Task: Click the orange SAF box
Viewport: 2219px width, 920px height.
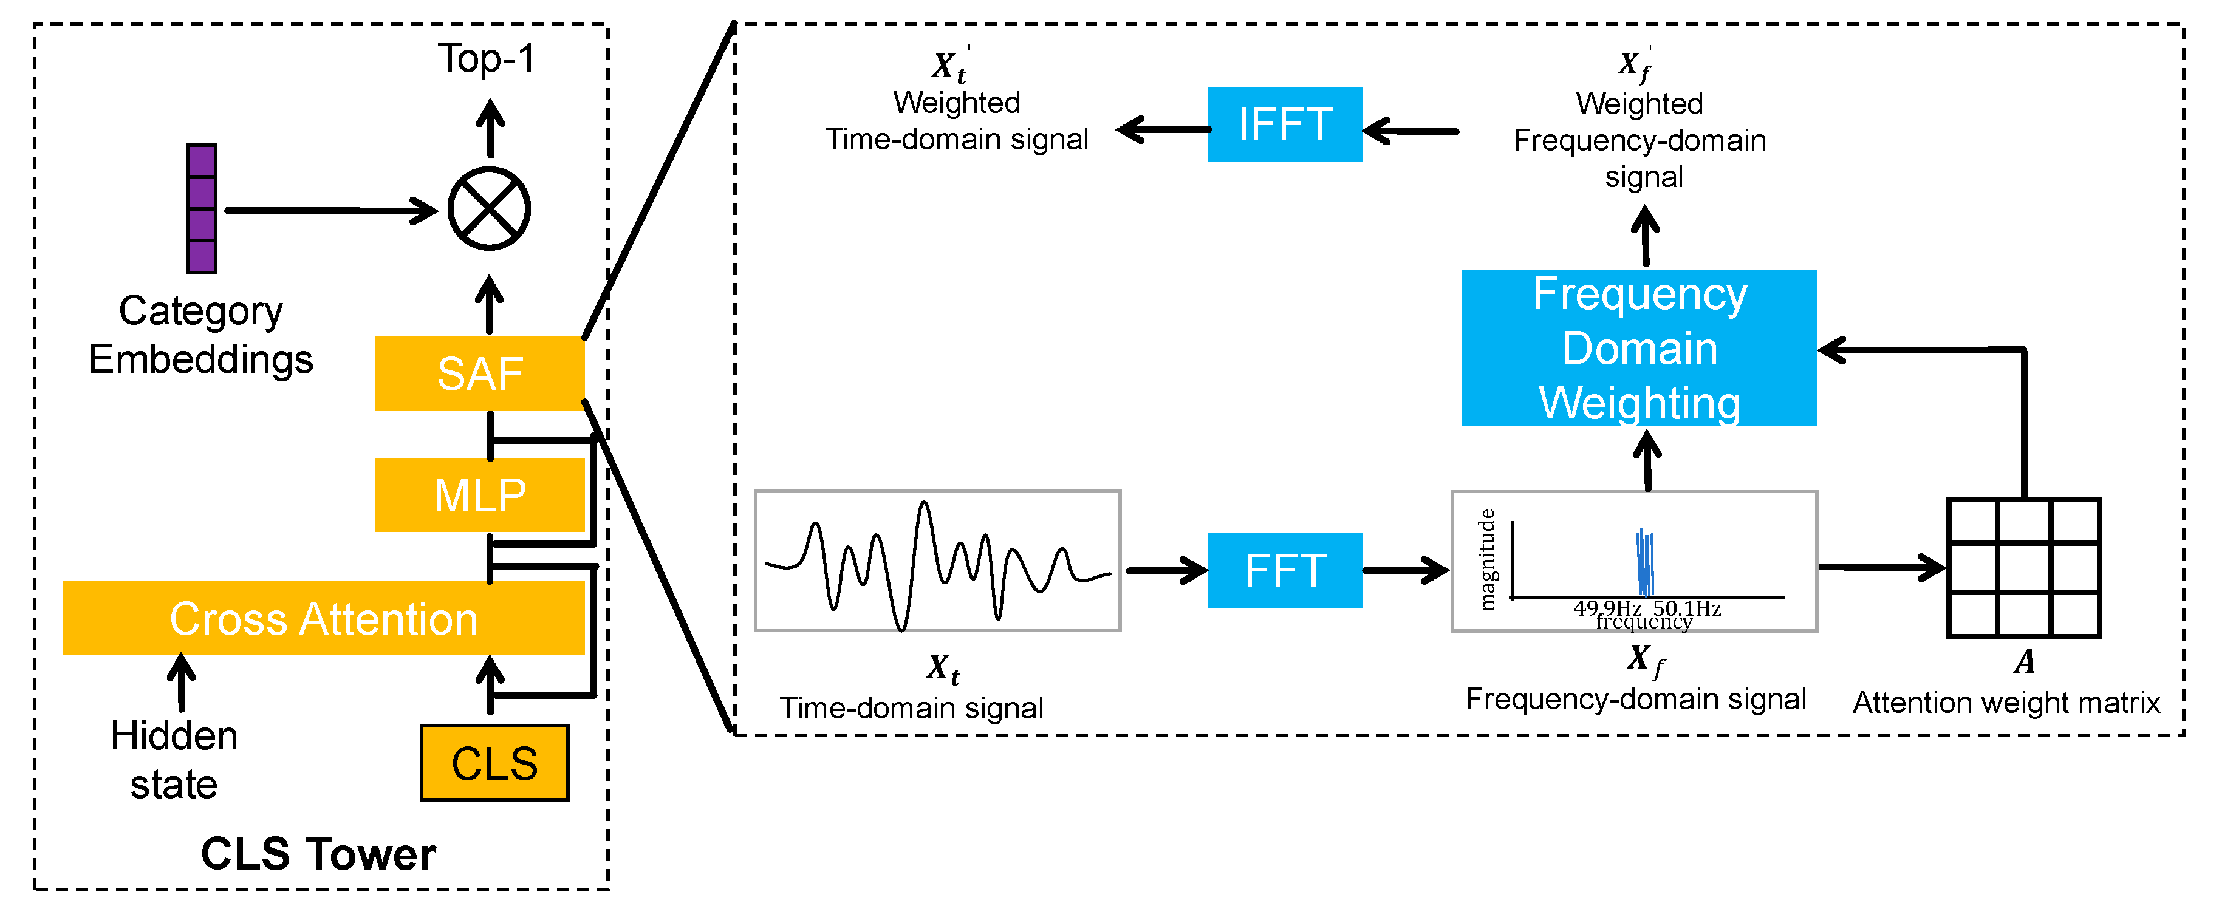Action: pos(480,373)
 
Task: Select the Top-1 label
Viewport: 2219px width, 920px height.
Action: pos(487,58)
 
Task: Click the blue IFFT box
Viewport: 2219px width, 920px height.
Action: pos(1284,124)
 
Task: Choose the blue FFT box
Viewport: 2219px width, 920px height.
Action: pos(1284,570)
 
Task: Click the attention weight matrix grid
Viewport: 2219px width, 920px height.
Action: pos(2023,568)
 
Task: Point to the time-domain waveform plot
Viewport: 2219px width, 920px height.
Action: pos(937,561)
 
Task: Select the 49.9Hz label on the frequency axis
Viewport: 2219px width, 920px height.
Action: pos(1607,608)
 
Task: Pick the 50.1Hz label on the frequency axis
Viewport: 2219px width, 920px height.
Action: pos(1687,608)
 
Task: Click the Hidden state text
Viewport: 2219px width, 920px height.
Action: pos(174,760)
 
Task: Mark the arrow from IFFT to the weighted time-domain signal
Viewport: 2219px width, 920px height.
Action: pos(1163,130)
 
